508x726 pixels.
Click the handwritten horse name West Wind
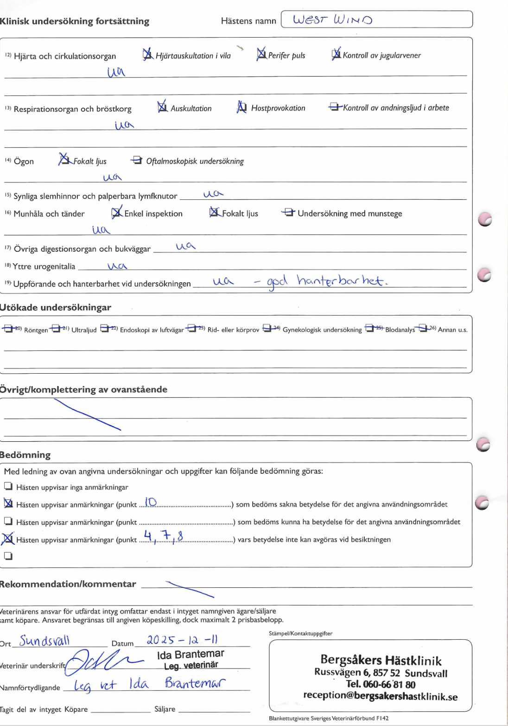pyautogui.click(x=333, y=20)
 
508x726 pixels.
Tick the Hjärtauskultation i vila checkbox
pyautogui.click(x=148, y=55)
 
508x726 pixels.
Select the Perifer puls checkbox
pyautogui.click(x=261, y=55)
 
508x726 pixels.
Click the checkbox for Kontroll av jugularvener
pyautogui.click(x=336, y=55)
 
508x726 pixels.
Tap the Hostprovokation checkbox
pyautogui.click(x=241, y=108)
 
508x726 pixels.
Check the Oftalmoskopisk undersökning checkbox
pyautogui.click(x=137, y=160)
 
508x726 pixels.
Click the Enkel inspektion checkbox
pyautogui.click(x=116, y=213)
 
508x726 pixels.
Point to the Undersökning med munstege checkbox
pyautogui.click(x=289, y=213)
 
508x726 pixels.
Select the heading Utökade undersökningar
pyautogui.click(x=56, y=307)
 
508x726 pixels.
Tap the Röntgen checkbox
pyautogui.click(x=7, y=329)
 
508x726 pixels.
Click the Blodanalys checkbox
pyautogui.click(x=369, y=329)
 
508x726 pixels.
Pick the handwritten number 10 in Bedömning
pyautogui.click(x=151, y=502)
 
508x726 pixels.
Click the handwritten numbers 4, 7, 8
pyautogui.click(x=163, y=536)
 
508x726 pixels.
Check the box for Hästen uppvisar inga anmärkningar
pyautogui.click(x=8, y=486)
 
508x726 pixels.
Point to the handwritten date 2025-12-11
pyautogui.click(x=182, y=640)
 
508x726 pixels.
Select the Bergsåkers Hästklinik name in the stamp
pyautogui.click(x=381, y=660)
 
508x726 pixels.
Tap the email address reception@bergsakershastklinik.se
pyautogui.click(x=380, y=696)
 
